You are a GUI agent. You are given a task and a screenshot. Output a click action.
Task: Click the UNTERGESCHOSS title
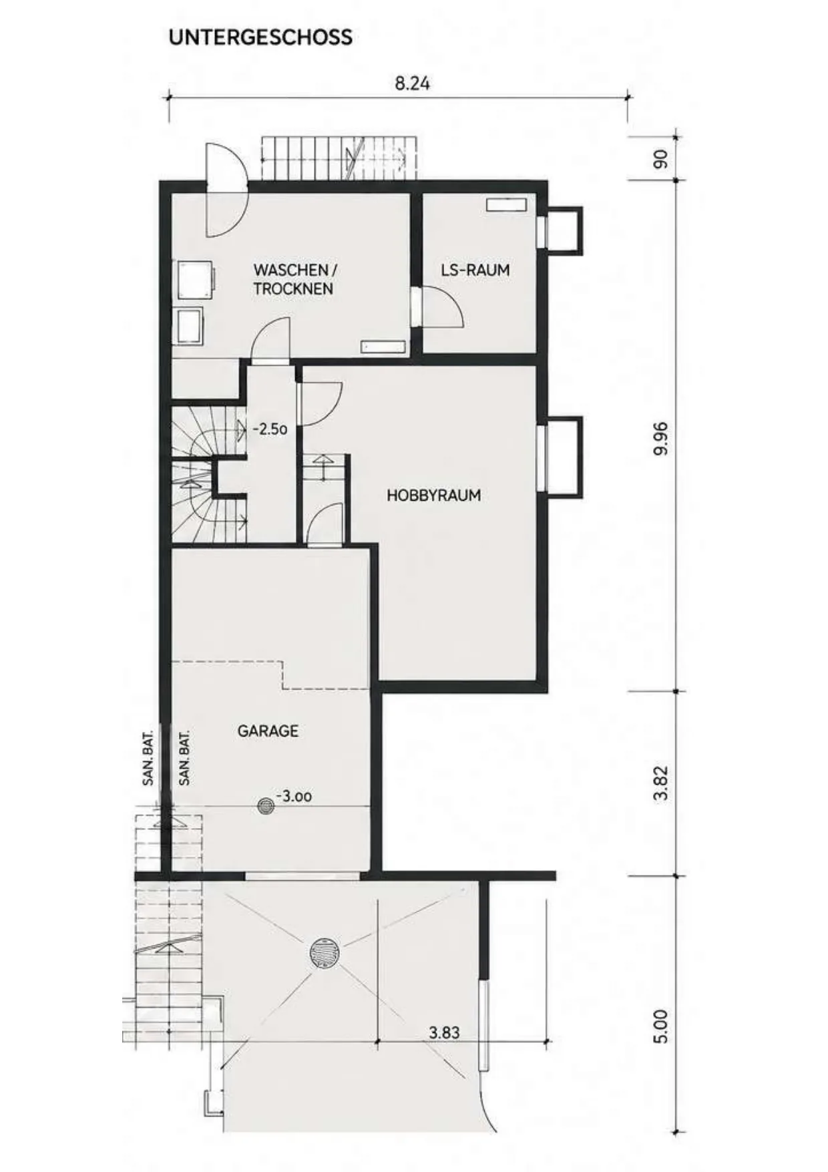[260, 37]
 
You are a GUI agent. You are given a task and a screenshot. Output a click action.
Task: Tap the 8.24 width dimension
[412, 83]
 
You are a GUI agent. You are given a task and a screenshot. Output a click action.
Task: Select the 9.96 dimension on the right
[660, 438]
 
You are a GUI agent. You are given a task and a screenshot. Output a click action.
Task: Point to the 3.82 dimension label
[660, 783]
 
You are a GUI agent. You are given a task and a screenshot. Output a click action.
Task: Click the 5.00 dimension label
[660, 1026]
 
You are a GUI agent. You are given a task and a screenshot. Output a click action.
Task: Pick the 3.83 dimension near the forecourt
[444, 1032]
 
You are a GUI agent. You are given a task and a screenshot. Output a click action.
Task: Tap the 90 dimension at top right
[660, 159]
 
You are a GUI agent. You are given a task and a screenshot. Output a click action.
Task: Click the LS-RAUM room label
[475, 270]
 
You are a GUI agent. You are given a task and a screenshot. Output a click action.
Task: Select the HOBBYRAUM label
[433, 496]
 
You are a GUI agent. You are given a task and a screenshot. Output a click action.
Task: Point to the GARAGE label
[268, 731]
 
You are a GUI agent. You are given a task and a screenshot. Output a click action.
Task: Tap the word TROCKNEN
[293, 289]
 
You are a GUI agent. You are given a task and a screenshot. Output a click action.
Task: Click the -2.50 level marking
[270, 429]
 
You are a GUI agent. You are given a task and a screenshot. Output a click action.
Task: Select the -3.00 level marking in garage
[294, 796]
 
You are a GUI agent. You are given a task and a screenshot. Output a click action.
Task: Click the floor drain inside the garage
[266, 806]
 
